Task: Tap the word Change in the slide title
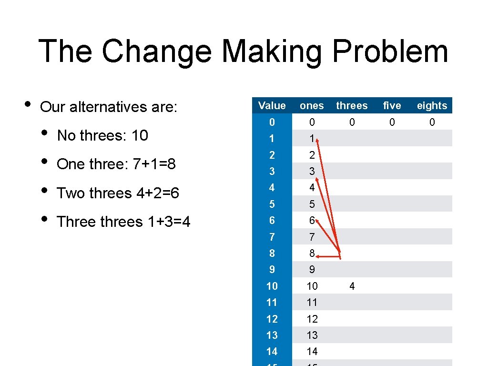pos(156,51)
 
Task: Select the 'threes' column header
pos(352,106)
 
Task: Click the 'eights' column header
pos(432,106)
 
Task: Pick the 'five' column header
pos(392,106)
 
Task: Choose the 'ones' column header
pos(312,106)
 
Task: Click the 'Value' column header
pos(272,106)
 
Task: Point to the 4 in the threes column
pos(352,286)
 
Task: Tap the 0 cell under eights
pos(432,122)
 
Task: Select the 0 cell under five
pos(392,122)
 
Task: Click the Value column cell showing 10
pos(272,286)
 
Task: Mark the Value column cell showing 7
pos(272,237)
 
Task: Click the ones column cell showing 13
pos(312,335)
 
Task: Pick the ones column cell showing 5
pos(312,204)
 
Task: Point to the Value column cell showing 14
pos(272,351)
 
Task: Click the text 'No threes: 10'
pos(102,136)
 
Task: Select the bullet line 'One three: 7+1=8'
pos(116,164)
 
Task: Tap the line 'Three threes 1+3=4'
pos(123,222)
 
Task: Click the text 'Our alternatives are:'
pos(109,107)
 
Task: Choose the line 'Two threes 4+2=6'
pos(118,193)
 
